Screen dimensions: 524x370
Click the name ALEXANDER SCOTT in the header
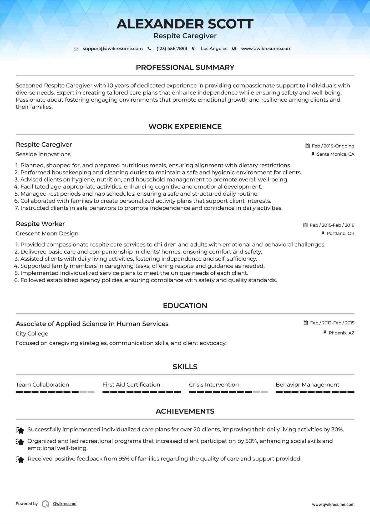185,24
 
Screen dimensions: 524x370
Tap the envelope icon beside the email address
76,49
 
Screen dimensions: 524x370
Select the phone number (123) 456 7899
172,49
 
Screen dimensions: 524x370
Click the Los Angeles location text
214,49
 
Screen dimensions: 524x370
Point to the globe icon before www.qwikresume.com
234,49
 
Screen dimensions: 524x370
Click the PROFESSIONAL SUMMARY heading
185,67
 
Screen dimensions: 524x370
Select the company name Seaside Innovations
43,154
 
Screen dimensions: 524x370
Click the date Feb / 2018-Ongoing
333,146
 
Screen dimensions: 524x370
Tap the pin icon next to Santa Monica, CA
313,154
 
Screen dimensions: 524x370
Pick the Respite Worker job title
40,224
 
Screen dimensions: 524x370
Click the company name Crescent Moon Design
47,234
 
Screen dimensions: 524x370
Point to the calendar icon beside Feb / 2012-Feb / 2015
306,323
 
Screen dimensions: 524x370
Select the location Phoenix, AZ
341,333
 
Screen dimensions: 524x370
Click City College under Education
32,334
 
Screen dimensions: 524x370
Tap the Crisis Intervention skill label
214,385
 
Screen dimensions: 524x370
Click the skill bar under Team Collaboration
55,392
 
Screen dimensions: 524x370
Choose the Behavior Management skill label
307,385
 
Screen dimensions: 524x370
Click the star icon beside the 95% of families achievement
20,460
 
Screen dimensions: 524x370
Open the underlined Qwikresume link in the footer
65,504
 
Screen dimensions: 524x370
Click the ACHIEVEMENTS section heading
185,411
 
